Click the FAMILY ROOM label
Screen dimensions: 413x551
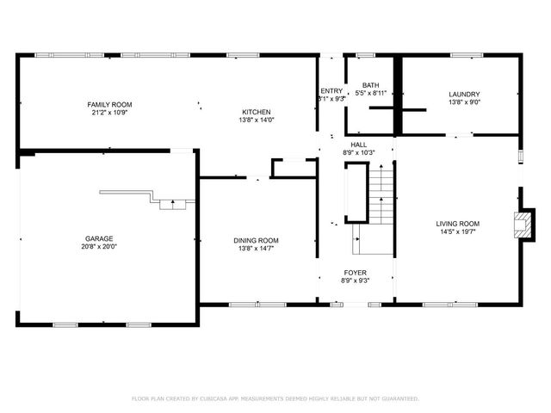click(109, 104)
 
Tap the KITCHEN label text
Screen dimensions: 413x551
click(257, 112)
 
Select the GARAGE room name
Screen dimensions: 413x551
click(99, 238)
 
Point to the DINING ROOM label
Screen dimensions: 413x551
click(257, 240)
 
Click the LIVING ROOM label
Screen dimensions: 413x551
click(457, 223)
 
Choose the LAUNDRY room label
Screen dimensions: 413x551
click(464, 94)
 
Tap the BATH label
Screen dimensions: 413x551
click(370, 85)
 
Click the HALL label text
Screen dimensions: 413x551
click(359, 144)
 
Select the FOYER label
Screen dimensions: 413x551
click(356, 272)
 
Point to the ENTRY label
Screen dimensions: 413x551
click(331, 91)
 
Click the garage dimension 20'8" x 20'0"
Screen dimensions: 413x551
click(99, 247)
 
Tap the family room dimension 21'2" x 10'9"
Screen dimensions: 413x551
click(109, 113)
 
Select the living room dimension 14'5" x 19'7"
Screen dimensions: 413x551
click(457, 231)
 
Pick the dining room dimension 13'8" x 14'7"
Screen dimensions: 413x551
click(257, 249)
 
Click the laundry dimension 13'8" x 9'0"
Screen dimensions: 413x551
click(464, 102)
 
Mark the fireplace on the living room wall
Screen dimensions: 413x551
click(521, 225)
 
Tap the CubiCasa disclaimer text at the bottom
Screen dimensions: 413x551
click(275, 398)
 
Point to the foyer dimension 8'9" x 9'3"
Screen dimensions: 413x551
click(356, 280)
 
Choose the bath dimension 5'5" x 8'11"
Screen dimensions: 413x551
click(371, 93)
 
